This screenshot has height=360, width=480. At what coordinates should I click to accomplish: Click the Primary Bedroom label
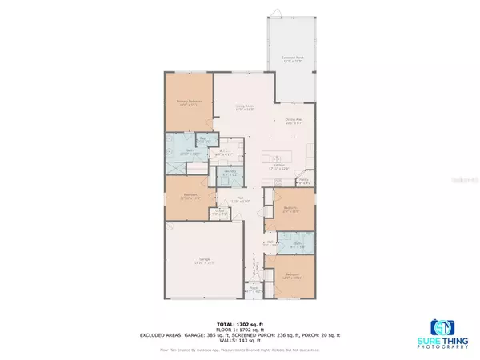click(x=189, y=102)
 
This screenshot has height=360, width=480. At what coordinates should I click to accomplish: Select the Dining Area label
click(x=295, y=122)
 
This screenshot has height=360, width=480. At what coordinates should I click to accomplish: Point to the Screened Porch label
click(x=292, y=59)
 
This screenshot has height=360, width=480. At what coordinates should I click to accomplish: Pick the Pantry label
click(x=302, y=181)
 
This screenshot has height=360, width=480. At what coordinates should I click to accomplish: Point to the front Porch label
click(x=254, y=290)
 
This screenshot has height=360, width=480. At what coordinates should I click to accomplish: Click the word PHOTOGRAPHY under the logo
click(x=446, y=344)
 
